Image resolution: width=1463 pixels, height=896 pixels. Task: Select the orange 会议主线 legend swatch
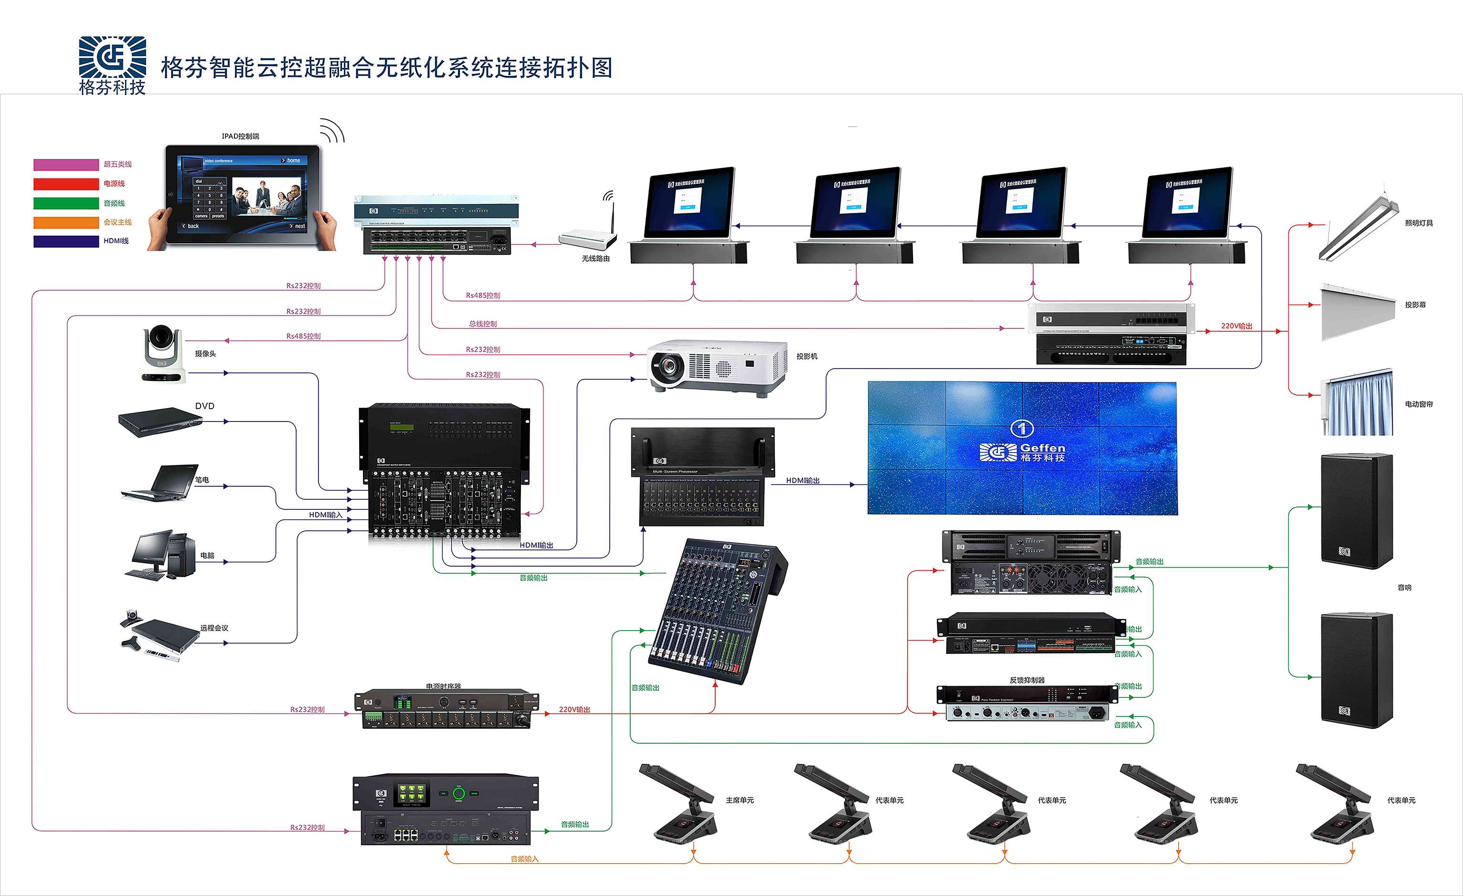[x=66, y=222]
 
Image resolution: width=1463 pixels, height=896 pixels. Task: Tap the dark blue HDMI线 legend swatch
[x=66, y=241]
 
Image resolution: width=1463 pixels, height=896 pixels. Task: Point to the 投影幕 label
[x=1415, y=305]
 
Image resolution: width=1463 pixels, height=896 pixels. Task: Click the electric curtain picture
[x=1357, y=404]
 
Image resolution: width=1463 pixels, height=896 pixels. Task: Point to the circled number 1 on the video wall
[x=1022, y=428]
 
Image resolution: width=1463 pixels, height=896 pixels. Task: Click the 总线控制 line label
[x=483, y=324]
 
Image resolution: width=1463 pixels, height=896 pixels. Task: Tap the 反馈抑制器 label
[x=1027, y=680]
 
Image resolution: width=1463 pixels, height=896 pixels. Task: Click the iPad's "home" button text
[x=293, y=160]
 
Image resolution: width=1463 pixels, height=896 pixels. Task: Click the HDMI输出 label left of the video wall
[x=803, y=480]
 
